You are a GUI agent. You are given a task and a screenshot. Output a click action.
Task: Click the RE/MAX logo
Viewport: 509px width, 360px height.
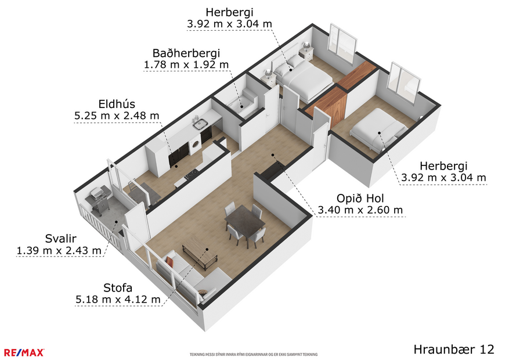click(x=24, y=352)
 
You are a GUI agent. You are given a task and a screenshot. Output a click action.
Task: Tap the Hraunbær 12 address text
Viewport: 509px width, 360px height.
click(x=454, y=349)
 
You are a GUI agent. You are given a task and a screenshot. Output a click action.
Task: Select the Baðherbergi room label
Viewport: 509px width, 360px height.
click(x=186, y=53)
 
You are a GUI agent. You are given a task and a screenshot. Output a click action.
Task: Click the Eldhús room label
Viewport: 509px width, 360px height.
click(x=117, y=105)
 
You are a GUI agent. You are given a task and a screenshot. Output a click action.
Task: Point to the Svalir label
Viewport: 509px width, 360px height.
click(x=60, y=239)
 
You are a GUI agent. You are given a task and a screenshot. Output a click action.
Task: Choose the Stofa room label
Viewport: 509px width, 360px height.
click(x=117, y=287)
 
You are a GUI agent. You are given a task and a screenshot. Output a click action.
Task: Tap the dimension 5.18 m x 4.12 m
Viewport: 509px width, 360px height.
click(x=117, y=300)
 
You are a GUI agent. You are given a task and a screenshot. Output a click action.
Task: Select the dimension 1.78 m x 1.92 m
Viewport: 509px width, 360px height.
click(x=186, y=64)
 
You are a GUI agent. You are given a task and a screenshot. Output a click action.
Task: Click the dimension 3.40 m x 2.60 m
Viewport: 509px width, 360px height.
click(x=360, y=210)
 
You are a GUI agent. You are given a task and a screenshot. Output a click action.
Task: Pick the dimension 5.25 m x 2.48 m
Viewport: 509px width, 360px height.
click(x=117, y=116)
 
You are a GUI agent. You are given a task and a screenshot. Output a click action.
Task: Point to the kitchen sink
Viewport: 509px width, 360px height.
click(x=201, y=123)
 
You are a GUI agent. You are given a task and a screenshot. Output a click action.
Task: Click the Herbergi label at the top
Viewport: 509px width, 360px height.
click(x=229, y=12)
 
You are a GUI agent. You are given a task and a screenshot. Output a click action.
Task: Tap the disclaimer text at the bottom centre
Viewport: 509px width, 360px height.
click(x=254, y=354)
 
